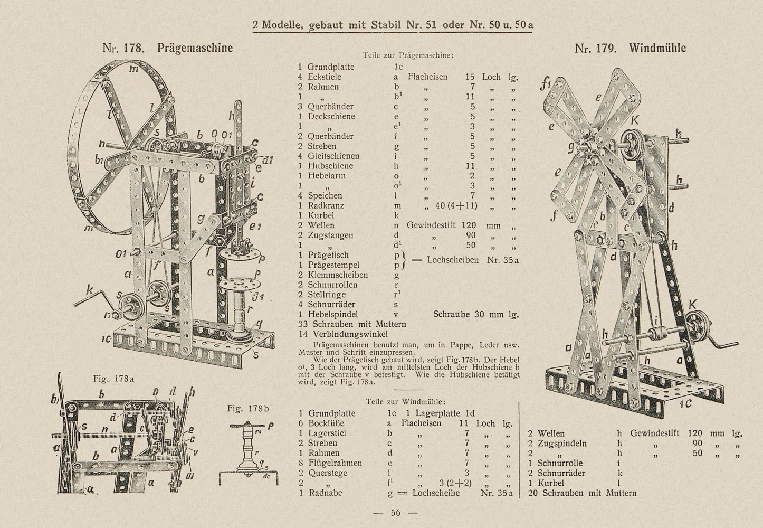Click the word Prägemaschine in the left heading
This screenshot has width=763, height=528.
click(x=195, y=48)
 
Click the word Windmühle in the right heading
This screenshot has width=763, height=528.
click(x=657, y=48)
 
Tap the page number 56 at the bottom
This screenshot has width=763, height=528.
click(x=395, y=513)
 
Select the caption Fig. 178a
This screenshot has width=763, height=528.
click(x=114, y=379)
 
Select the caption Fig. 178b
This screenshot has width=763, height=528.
click(x=248, y=408)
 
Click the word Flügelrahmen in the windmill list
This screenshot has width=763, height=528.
click(x=335, y=463)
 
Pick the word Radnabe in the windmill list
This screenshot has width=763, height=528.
click(x=325, y=493)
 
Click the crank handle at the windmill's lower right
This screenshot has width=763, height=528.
click(x=722, y=341)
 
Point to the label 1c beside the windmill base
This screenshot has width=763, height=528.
click(x=685, y=404)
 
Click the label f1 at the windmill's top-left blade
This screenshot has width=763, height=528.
click(x=546, y=84)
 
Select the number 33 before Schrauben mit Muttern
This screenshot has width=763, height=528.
click(x=303, y=324)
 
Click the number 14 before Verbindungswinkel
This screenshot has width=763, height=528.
click(x=303, y=334)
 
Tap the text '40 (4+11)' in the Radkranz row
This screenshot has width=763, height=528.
click(x=456, y=206)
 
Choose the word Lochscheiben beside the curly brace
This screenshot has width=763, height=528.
click(x=453, y=260)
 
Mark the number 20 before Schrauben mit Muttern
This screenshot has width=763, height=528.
click(x=533, y=493)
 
